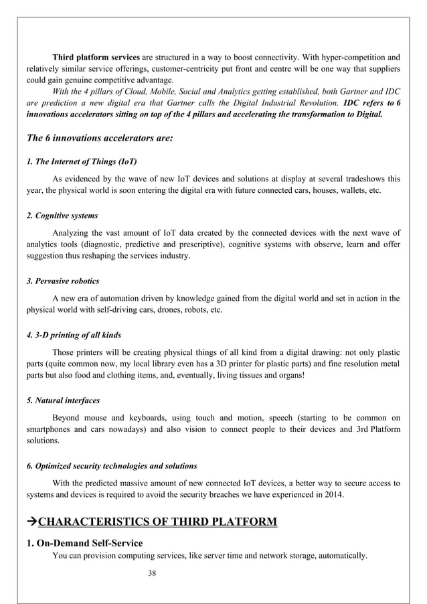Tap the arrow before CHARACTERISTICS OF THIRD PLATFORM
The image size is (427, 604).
(32, 522)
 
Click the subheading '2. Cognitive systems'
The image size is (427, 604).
(62, 216)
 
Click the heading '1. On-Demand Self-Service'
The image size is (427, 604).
(84, 542)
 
